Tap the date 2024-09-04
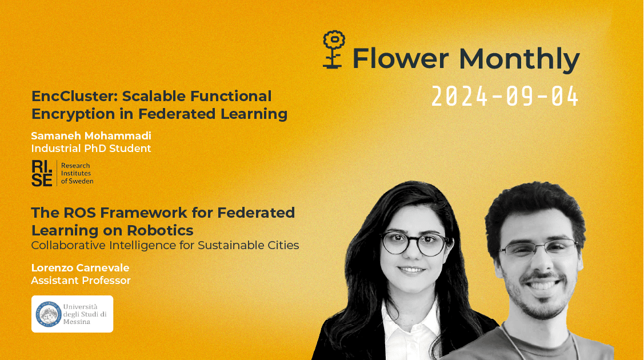pyautogui.click(x=505, y=97)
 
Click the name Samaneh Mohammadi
pyautogui.click(x=91, y=135)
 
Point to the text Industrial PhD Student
pyautogui.click(x=91, y=149)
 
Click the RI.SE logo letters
pyautogui.click(x=42, y=173)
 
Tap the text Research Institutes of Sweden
pyautogui.click(x=77, y=173)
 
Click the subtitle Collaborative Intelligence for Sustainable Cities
pyautogui.click(x=165, y=246)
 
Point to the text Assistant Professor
pyautogui.click(x=81, y=281)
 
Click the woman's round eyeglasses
pyautogui.click(x=414, y=242)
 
